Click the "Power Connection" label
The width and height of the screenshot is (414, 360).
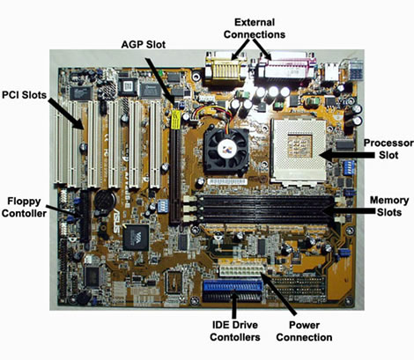[x=304, y=329]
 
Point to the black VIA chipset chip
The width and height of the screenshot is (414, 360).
[x=137, y=236]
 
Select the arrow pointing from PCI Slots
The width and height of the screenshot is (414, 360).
[x=67, y=114]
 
